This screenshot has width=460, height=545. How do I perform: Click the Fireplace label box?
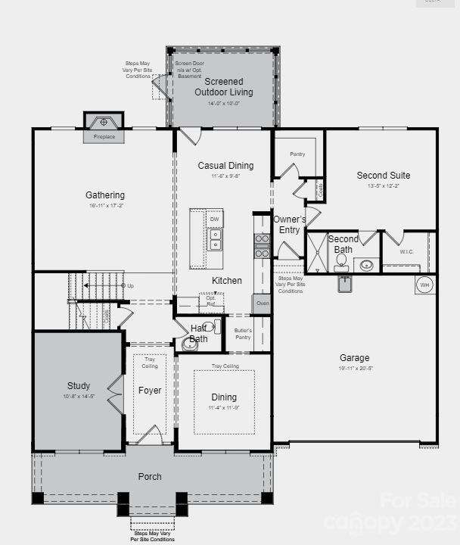pos(104,137)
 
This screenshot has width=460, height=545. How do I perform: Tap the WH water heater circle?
pos(424,285)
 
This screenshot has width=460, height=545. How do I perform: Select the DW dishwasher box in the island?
pos(215,219)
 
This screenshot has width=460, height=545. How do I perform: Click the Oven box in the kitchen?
pos(261,304)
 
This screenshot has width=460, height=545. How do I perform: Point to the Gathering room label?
pos(104,195)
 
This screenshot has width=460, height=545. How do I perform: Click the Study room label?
pos(78,385)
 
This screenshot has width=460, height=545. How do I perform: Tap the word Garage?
pos(354,358)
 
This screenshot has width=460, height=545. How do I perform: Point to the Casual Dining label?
pos(225,166)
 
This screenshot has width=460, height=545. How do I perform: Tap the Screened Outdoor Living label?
pos(223,87)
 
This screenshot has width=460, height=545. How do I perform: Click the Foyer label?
pos(150,391)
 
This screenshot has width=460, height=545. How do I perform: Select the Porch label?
pos(150,477)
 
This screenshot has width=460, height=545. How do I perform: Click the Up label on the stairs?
pos(130,286)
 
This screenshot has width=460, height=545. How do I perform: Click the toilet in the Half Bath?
pos(190,344)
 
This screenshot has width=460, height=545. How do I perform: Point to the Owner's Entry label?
pos(289,225)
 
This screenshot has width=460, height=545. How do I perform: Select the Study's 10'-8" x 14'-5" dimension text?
pos(78,397)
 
